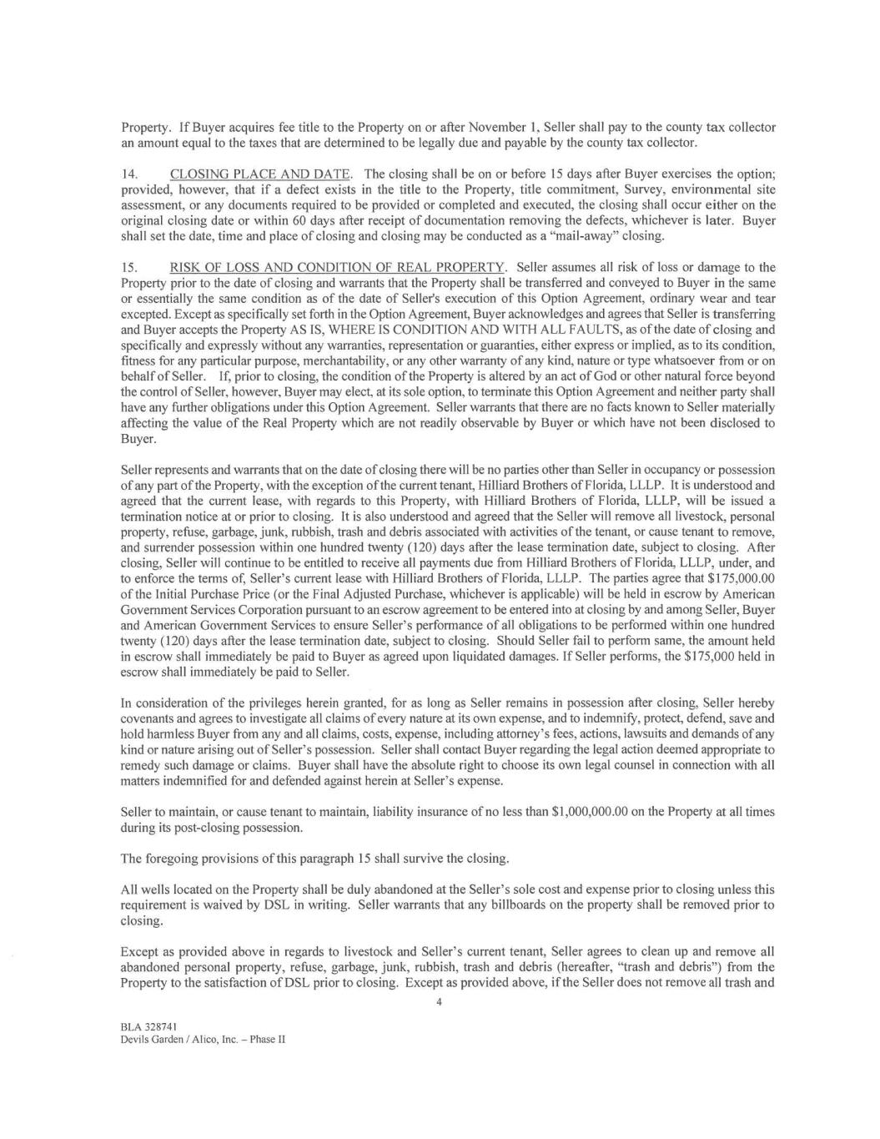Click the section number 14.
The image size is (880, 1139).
tap(129, 174)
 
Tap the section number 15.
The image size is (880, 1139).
tap(129, 268)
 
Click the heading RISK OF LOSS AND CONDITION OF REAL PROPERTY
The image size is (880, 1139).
tap(338, 268)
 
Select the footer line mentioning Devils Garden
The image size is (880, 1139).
tap(203, 1040)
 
